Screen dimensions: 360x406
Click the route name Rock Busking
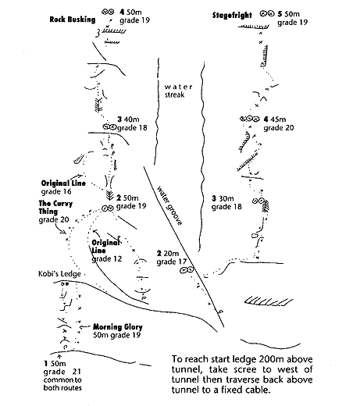click(x=73, y=20)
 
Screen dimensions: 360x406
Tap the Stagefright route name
click(x=232, y=15)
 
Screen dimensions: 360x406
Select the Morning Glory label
click(x=118, y=327)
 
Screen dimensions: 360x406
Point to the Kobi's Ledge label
click(x=59, y=274)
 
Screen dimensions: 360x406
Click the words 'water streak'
click(x=178, y=91)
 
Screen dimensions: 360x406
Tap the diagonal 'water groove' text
click(x=169, y=205)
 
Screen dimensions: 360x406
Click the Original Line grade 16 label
click(x=63, y=187)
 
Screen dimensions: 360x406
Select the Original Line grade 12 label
click(x=106, y=251)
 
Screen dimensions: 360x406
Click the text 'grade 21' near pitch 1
click(x=62, y=372)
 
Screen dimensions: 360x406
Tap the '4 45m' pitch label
click(x=275, y=119)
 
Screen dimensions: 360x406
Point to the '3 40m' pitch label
click(x=128, y=119)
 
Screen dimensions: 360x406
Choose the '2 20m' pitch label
click(x=168, y=253)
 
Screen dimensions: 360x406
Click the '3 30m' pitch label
click(x=223, y=198)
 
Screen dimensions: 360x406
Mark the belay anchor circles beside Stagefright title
click(x=267, y=13)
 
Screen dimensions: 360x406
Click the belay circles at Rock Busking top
click(x=108, y=12)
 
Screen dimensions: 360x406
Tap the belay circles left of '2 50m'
click(x=108, y=208)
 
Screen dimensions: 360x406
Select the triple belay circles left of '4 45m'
click(x=250, y=119)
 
